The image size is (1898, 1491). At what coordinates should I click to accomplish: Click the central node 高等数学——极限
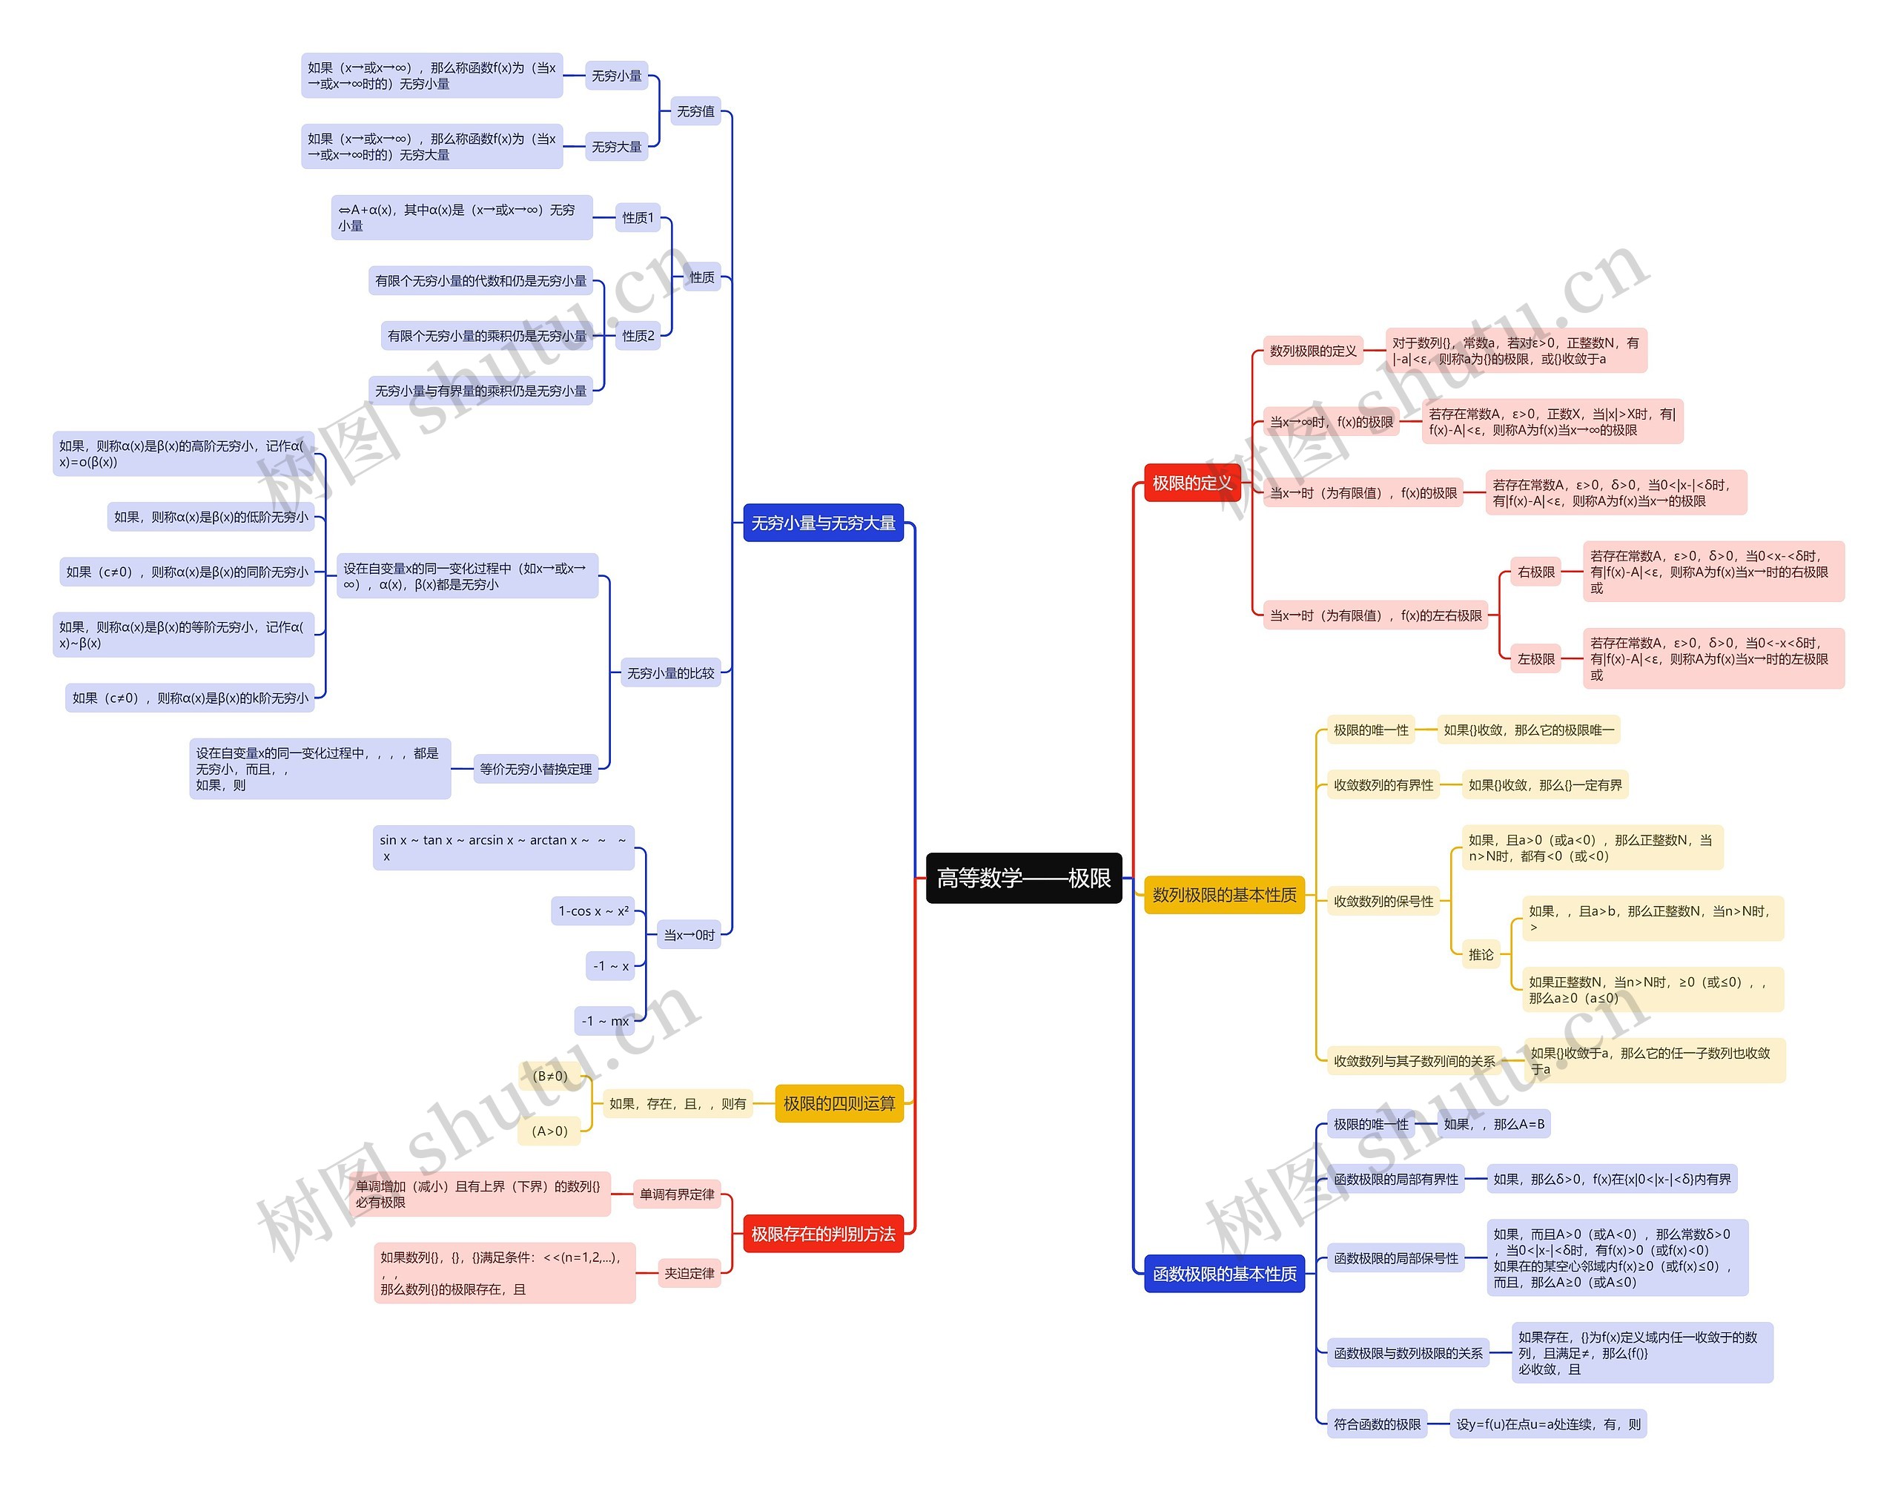pyautogui.click(x=1022, y=878)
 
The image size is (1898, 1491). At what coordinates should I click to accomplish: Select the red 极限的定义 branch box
pyautogui.click(x=1191, y=483)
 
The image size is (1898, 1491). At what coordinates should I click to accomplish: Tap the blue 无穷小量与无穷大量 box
pyautogui.click(x=822, y=523)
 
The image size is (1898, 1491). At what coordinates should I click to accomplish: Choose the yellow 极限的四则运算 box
pyautogui.click(x=838, y=1103)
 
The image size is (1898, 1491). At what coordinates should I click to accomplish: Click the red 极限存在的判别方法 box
pyautogui.click(x=822, y=1234)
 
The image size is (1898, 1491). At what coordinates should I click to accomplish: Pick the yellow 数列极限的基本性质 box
pyautogui.click(x=1223, y=895)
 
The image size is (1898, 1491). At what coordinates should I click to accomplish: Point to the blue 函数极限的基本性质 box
pyautogui.click(x=1223, y=1274)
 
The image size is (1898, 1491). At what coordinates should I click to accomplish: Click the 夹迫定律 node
pyautogui.click(x=689, y=1273)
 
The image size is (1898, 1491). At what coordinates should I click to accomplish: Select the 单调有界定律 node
pyautogui.click(x=677, y=1194)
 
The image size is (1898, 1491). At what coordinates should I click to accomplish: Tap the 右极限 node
pyautogui.click(x=1535, y=572)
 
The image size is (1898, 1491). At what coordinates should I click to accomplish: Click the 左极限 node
pyautogui.click(x=1535, y=659)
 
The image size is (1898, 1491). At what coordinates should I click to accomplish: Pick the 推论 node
pyautogui.click(x=1480, y=954)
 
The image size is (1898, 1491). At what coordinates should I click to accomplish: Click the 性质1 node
pyautogui.click(x=638, y=217)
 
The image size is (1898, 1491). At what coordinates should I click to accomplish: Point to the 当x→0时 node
pyautogui.click(x=688, y=935)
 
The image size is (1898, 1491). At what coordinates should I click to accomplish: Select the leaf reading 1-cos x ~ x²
pyautogui.click(x=593, y=910)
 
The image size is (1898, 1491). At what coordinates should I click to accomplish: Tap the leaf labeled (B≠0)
pyautogui.click(x=549, y=1077)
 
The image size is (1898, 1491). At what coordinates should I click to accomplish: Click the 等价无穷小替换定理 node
pyautogui.click(x=535, y=769)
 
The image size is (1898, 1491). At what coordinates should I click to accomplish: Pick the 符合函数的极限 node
pyautogui.click(x=1376, y=1424)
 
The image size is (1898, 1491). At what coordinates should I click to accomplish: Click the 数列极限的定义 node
pyautogui.click(x=1312, y=351)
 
